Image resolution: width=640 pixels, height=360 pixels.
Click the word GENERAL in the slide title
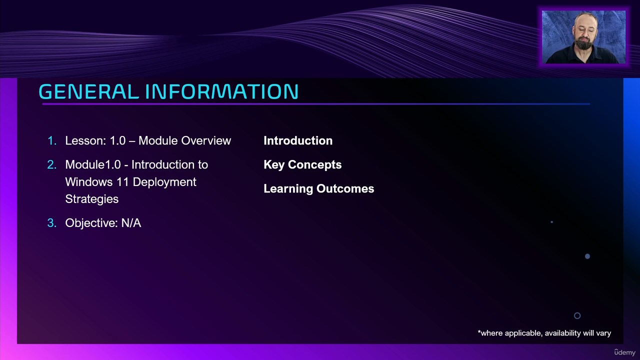click(x=89, y=91)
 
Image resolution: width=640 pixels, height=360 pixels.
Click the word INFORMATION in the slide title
click(x=222, y=91)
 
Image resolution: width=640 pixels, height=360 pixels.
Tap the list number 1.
click(x=51, y=141)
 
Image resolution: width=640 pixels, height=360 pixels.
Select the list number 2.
click(x=51, y=165)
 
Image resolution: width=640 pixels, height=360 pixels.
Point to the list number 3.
click(x=51, y=223)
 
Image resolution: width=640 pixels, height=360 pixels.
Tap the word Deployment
click(x=164, y=182)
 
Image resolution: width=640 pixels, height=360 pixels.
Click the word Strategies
click(x=91, y=199)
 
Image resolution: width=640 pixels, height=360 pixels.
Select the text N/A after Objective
click(x=131, y=223)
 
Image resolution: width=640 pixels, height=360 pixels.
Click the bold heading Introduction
click(x=298, y=141)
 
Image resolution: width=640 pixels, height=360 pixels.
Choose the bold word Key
click(x=274, y=165)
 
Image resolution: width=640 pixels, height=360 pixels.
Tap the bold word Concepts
click(x=314, y=165)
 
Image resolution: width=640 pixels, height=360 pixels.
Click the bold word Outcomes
click(x=345, y=189)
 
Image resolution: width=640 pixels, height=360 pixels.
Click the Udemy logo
click(x=624, y=352)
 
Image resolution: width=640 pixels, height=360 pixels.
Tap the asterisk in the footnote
click(x=479, y=331)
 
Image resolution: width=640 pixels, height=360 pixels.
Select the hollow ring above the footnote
click(x=577, y=312)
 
